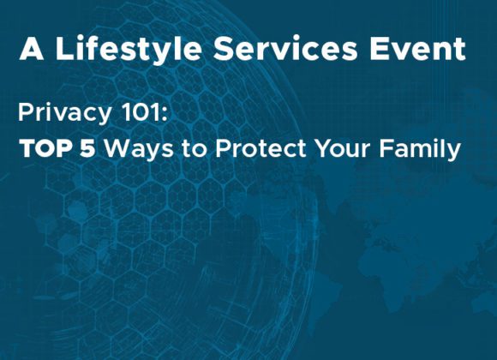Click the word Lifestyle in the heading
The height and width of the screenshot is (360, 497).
tap(129, 50)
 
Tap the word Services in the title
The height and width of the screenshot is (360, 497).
tap(285, 49)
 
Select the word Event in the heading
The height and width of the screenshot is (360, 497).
tap(417, 49)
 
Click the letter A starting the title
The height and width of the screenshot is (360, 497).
tap(32, 49)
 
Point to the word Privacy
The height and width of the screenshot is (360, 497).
tap(64, 114)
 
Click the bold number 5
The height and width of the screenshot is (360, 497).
tap(87, 148)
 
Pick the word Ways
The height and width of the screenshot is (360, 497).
tap(139, 150)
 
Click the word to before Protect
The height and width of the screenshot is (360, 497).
tap(194, 148)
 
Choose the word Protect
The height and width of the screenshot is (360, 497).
tap(260, 148)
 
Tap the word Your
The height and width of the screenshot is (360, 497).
tap(342, 148)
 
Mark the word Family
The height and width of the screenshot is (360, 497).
tap(420, 150)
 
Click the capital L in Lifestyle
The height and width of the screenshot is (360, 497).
tap(64, 49)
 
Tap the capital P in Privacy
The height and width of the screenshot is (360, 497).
tap(26, 112)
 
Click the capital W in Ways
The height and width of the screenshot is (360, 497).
tap(117, 148)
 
